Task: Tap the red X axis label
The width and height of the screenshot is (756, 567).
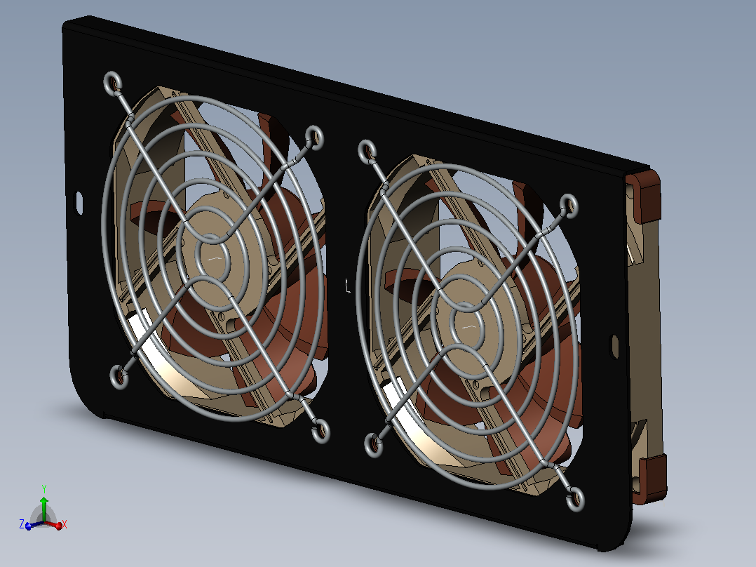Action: [x=64, y=524]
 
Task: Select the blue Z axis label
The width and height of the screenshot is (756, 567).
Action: [x=22, y=524]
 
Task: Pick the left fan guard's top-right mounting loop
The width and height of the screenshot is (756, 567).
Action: [x=314, y=137]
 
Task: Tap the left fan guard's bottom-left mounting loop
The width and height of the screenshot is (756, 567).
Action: [x=119, y=377]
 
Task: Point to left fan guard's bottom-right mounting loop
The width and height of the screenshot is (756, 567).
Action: [x=320, y=430]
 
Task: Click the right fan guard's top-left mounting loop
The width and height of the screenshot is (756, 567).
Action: [x=368, y=152]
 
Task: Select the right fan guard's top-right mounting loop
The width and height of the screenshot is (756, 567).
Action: [x=569, y=206]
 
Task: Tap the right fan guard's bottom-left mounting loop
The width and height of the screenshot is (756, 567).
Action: [x=374, y=445]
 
